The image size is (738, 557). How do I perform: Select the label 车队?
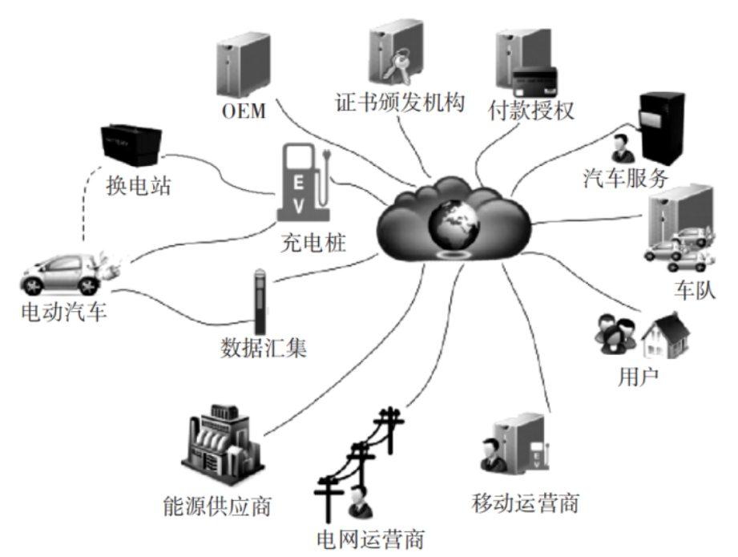(693, 289)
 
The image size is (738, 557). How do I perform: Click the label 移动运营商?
(525, 503)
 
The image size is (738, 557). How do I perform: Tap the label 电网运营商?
(370, 538)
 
